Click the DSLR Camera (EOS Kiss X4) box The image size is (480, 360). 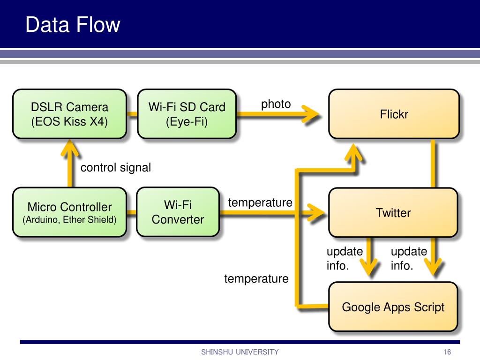click(x=69, y=114)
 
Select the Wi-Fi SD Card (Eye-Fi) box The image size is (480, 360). click(x=187, y=114)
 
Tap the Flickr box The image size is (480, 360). click(x=394, y=114)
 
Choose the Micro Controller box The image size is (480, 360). click(x=69, y=212)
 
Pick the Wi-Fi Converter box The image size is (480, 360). click(x=178, y=212)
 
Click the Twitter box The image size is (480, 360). click(x=393, y=212)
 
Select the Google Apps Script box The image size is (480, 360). click(x=393, y=307)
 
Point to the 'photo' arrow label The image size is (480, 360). click(x=276, y=104)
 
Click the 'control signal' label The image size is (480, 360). click(x=116, y=167)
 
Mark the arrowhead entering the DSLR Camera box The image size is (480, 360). click(x=70, y=148)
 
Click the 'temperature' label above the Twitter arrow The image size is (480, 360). click(x=260, y=202)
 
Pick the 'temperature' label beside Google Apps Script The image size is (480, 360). click(x=256, y=278)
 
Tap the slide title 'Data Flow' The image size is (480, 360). click(x=73, y=24)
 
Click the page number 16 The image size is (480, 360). click(x=447, y=352)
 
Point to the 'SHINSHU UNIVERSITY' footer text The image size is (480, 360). click(x=240, y=352)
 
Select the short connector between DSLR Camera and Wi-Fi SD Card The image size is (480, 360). click(x=132, y=114)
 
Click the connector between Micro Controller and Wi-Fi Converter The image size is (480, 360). click(x=132, y=212)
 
